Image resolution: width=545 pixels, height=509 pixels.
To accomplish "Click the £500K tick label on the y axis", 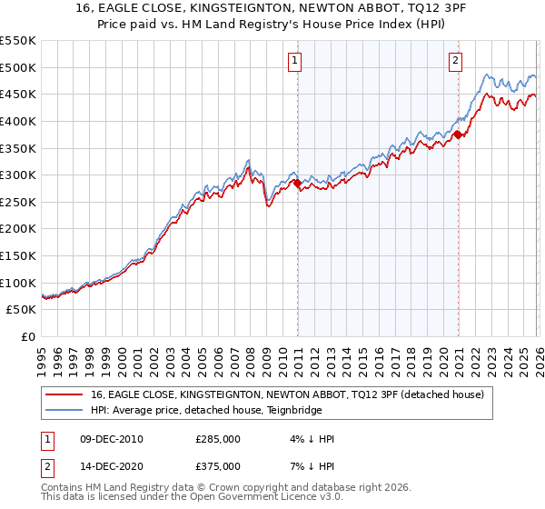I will tap(18, 67).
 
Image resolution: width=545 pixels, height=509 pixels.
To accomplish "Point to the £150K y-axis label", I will tap(18, 256).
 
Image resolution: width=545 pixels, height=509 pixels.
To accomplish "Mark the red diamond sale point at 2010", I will tap(297, 184).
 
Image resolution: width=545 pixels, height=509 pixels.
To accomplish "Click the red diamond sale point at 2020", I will tap(458, 135).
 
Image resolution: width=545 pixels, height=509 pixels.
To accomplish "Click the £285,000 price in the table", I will tap(218, 439).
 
